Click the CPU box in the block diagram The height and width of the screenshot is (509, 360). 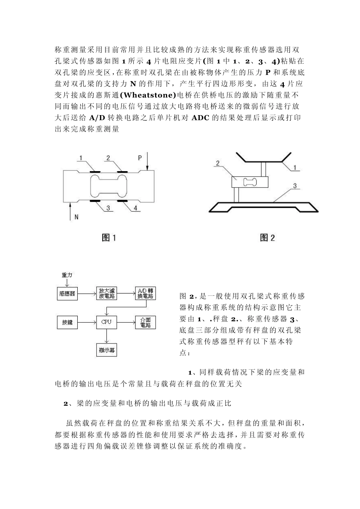(106, 322)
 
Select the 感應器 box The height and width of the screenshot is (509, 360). (67, 294)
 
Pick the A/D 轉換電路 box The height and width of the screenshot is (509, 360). (145, 294)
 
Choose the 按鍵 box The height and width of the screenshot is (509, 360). (67, 323)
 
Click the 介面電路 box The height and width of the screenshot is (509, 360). (145, 323)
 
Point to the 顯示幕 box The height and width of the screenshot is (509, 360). (106, 350)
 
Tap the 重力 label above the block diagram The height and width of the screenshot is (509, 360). (67, 275)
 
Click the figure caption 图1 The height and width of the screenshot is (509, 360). (109, 237)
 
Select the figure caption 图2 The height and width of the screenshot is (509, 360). (268, 237)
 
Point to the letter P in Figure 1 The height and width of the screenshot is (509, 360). (140, 157)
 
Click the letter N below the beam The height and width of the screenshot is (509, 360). (76, 217)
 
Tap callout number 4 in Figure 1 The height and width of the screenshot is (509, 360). (135, 208)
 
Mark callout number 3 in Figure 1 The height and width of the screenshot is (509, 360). (108, 208)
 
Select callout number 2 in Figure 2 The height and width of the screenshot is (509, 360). (218, 163)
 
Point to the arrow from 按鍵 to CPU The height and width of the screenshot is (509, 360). (87, 323)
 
